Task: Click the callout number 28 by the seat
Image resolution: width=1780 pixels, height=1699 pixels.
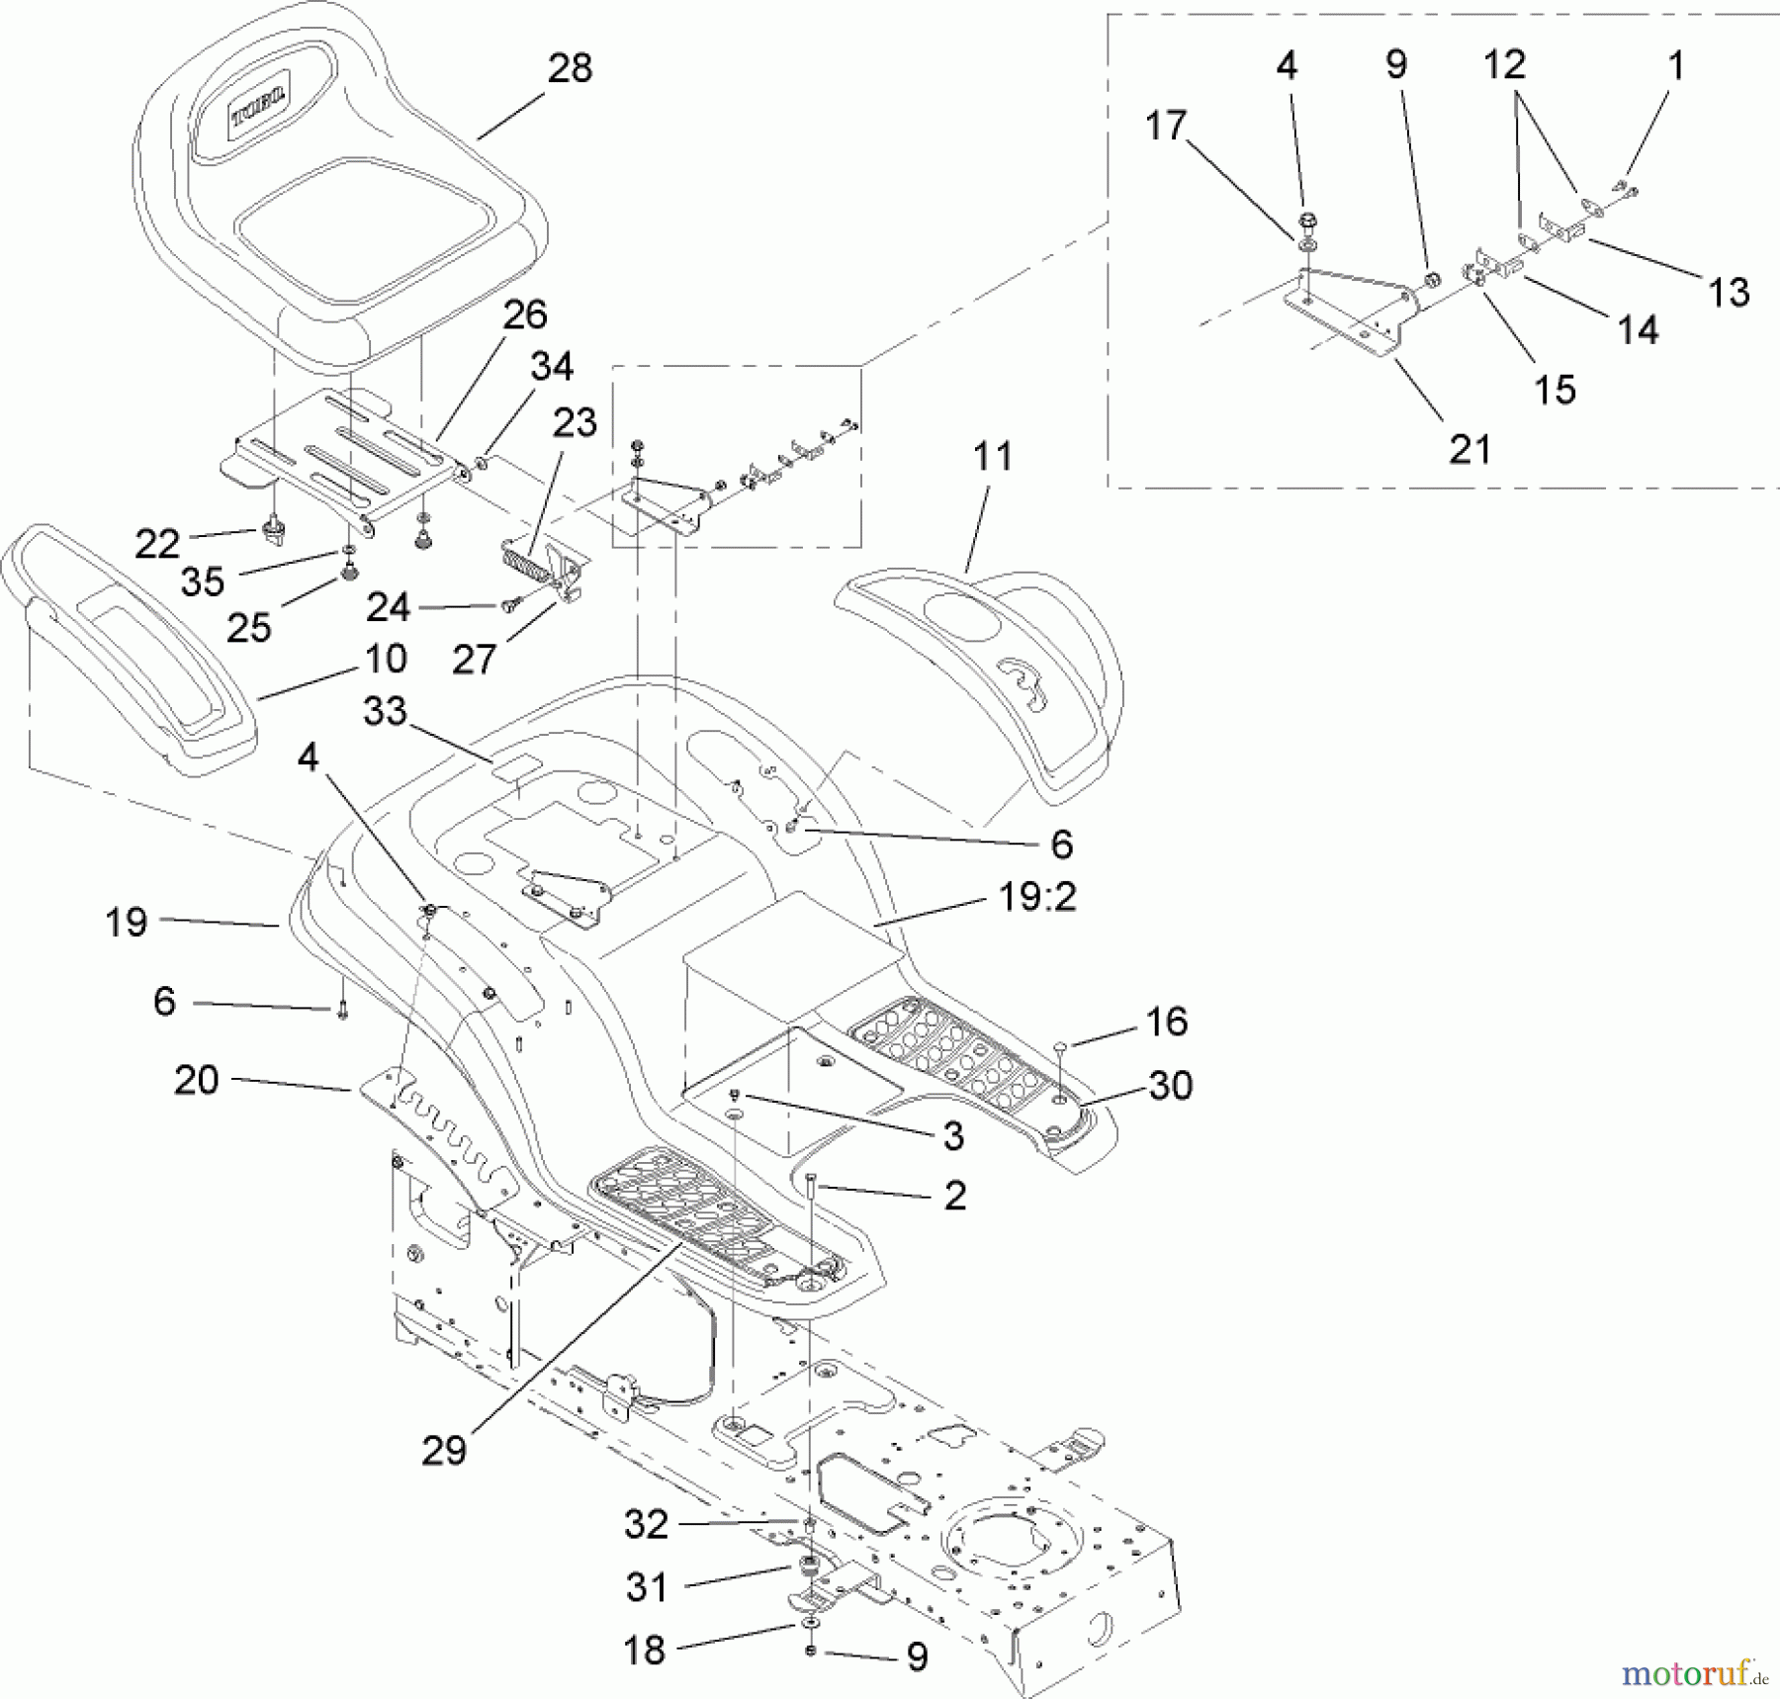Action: click(x=570, y=68)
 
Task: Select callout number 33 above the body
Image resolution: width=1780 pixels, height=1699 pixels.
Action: click(x=385, y=711)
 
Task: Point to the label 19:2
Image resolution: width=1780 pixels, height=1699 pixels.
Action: click(x=1037, y=898)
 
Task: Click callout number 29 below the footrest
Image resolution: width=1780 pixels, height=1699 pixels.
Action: click(x=443, y=1451)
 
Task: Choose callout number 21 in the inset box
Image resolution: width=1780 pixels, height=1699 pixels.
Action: click(x=1469, y=450)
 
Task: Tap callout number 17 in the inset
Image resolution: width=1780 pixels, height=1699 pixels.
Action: click(x=1165, y=127)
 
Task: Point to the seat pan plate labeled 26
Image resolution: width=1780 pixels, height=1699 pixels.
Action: click(x=346, y=450)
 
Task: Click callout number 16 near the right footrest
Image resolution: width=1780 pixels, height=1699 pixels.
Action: click(x=1167, y=1022)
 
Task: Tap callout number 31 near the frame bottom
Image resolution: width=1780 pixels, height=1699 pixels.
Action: click(x=647, y=1587)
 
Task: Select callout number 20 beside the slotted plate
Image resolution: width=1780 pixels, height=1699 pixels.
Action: click(x=196, y=1080)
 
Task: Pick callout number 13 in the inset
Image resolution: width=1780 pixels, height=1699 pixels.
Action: click(x=1729, y=293)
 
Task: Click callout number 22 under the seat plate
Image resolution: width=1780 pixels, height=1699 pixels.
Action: click(x=157, y=543)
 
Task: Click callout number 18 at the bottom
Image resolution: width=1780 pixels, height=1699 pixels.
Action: click(x=645, y=1650)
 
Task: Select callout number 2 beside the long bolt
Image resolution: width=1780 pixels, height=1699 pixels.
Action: click(x=954, y=1196)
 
